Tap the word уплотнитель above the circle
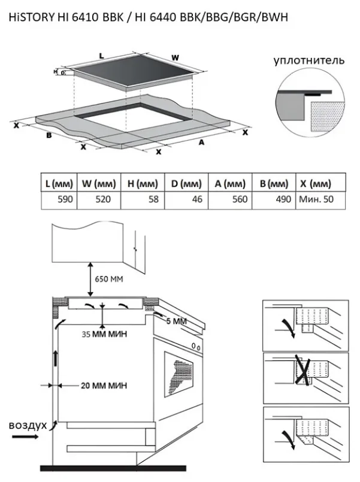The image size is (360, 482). pos(309,61)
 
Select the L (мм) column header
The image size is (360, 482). pos(59,183)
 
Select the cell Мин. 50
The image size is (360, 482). pos(314,199)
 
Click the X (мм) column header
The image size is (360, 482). pos(314,183)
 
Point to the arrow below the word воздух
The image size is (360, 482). pos(24,438)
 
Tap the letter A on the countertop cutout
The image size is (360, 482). pos(202,143)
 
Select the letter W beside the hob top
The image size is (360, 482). pos(175,57)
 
